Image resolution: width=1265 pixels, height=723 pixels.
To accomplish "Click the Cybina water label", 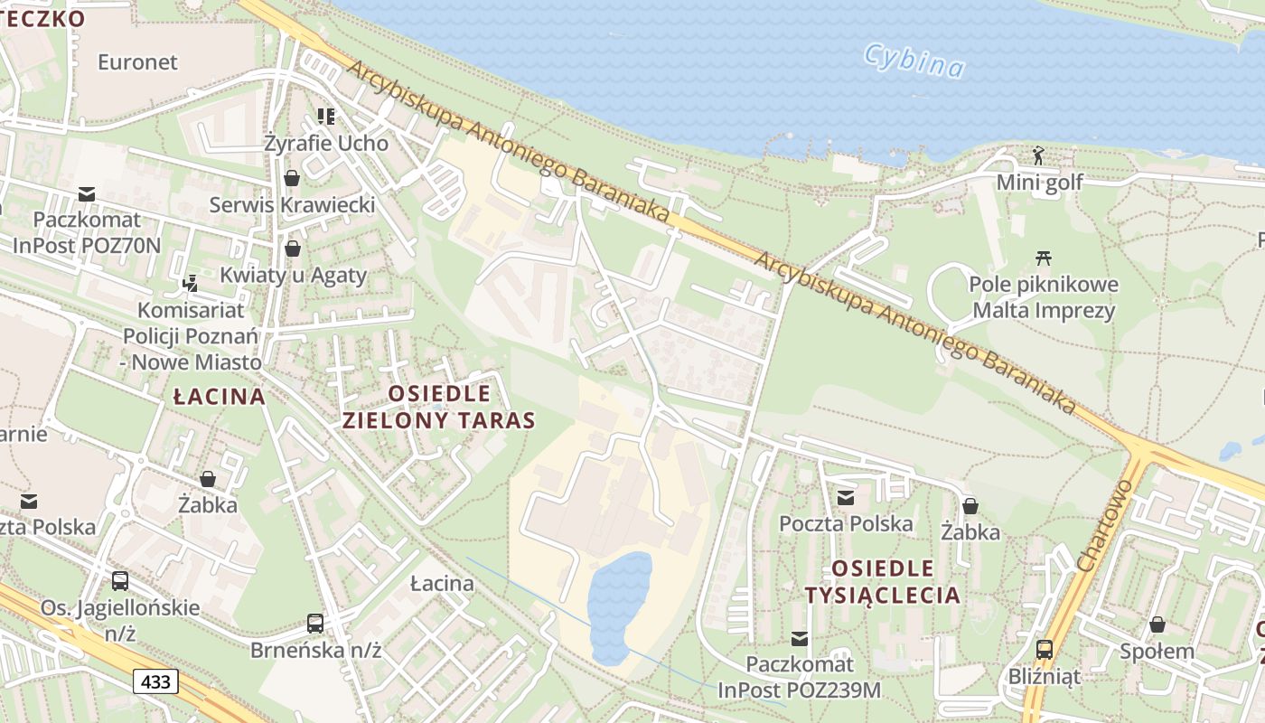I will (x=914, y=61).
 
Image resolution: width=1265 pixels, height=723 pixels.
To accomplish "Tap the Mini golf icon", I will (x=1038, y=155).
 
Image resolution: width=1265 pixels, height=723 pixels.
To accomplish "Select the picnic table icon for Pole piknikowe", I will (x=1044, y=258).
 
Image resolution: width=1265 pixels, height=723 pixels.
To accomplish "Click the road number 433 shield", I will (x=155, y=681).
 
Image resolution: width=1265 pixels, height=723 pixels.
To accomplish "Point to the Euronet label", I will (x=137, y=62).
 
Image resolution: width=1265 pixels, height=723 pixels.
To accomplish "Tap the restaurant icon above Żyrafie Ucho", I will (x=326, y=116).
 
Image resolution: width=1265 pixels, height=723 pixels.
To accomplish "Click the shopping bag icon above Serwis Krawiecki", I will (x=292, y=177).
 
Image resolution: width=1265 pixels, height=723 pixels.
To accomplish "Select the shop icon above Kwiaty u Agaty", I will (x=292, y=248).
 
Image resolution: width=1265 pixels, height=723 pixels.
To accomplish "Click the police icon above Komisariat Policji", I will (x=190, y=283).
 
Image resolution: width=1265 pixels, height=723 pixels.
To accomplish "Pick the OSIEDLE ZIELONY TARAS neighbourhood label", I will (x=439, y=407).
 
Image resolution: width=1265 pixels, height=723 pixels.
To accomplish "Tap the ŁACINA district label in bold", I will (x=220, y=396).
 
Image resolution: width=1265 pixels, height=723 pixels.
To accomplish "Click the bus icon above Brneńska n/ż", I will (x=314, y=623).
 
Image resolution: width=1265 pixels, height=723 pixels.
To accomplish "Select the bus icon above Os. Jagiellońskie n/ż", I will (x=119, y=580).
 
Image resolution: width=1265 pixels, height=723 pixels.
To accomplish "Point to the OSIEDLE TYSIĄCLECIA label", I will (x=882, y=581).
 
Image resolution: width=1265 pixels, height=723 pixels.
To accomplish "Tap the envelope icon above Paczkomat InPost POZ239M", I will (x=800, y=639).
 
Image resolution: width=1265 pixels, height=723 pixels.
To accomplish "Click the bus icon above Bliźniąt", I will (x=1044, y=648).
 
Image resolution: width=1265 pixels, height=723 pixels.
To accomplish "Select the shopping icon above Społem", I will (x=1157, y=624).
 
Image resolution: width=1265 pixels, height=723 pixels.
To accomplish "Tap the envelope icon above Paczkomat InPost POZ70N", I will (x=87, y=193).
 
